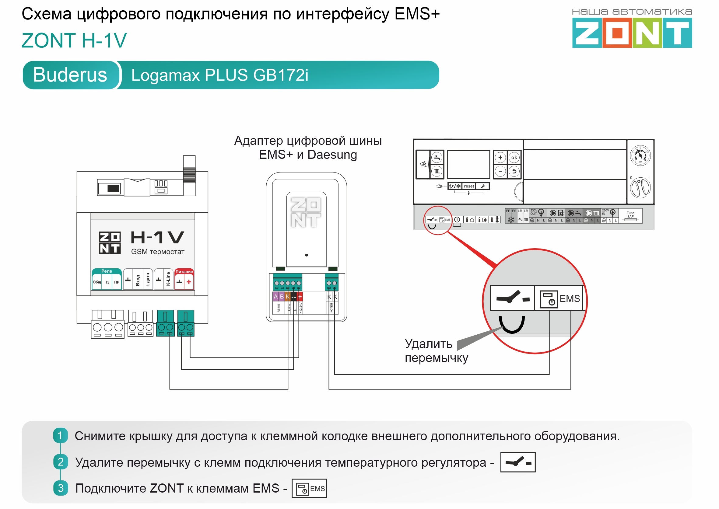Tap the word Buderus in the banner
coord(70,75)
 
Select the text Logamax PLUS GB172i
coord(219,75)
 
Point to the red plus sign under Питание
coord(189,282)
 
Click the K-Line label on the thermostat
coord(168,279)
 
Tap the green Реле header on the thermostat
coord(107,271)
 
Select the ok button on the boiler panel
coord(514,158)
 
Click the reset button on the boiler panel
coord(469,186)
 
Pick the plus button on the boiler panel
coord(500,158)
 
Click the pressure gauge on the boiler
coord(640,155)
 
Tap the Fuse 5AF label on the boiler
coord(630,215)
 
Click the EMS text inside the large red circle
coord(570,298)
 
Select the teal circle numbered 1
coord(61,435)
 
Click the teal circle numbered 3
coord(61,488)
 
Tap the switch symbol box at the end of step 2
coord(518,462)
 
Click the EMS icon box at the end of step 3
coord(309,488)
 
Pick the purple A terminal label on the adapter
coord(275,297)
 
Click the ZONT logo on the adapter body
coord(306,212)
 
